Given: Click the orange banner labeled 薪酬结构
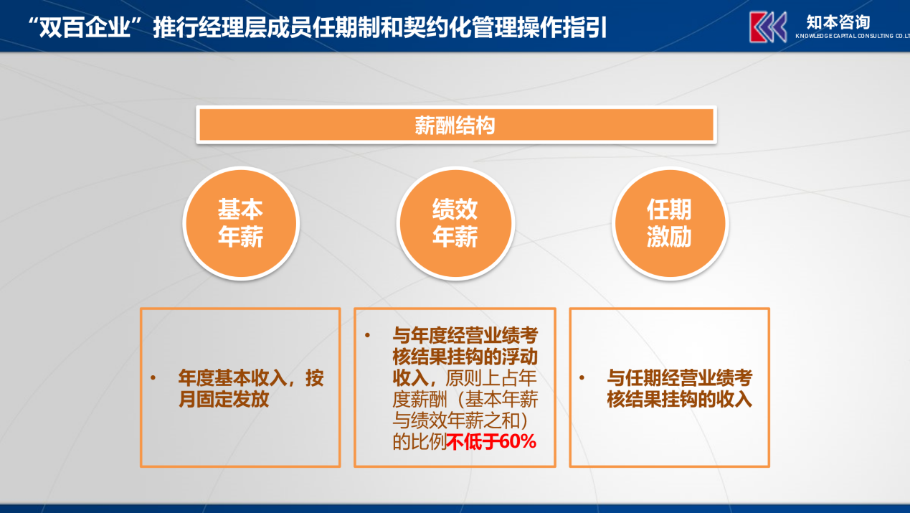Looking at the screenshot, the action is click(456, 125).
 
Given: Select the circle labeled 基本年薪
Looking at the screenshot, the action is click(241, 223).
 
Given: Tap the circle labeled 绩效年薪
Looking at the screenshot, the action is click(455, 223).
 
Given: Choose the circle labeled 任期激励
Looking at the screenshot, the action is click(670, 223).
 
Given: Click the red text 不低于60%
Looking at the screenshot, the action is click(491, 441).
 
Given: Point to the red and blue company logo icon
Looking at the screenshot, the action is click(768, 27).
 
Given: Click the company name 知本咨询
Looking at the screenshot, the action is click(838, 22).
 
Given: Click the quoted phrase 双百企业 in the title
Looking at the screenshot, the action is click(85, 28).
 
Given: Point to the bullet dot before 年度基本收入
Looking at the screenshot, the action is click(153, 378).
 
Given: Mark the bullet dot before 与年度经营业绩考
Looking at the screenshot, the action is click(368, 335).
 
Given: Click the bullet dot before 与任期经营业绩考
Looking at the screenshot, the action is click(582, 378).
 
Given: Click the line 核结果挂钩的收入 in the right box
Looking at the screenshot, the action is click(679, 399).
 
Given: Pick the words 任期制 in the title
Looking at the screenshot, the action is click(346, 28).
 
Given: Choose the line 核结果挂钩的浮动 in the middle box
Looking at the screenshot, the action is click(465, 357).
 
